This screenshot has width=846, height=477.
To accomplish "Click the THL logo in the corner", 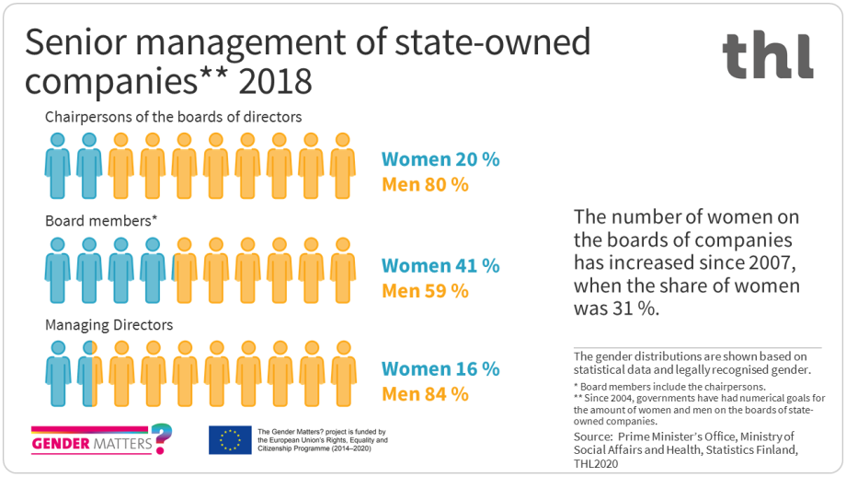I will tap(767, 55).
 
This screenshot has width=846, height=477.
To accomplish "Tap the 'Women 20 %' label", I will tap(440, 158).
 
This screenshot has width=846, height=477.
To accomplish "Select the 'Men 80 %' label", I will tap(425, 184).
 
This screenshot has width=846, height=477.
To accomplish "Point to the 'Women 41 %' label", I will tap(440, 266).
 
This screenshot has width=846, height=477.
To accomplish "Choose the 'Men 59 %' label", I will tap(425, 291).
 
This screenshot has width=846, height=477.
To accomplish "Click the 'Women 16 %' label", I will tap(440, 368).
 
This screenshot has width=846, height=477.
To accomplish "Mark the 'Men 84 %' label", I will tap(425, 394).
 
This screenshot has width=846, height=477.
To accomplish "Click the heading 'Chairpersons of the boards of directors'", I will tap(174, 117).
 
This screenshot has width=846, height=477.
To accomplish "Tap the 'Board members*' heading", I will tap(102, 221).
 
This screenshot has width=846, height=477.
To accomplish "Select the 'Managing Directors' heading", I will tap(109, 324).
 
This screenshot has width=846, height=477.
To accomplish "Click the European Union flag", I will tap(229, 440).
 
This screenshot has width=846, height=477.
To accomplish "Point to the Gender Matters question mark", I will tap(162, 438).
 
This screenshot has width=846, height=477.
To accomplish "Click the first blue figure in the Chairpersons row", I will tap(58, 167).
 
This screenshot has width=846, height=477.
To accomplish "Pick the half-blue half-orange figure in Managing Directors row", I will tap(89, 374).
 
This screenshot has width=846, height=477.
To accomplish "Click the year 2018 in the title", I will tap(275, 81).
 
